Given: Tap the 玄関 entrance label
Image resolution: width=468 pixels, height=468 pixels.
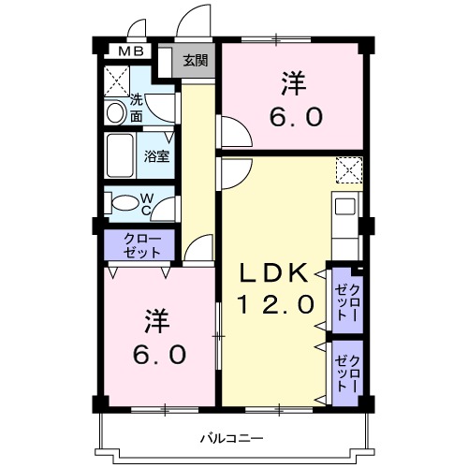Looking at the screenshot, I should point(195,62).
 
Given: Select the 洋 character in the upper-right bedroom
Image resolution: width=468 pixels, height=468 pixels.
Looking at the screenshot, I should point(291,84).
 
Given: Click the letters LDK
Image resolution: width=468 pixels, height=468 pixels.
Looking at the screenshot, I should point(271,274).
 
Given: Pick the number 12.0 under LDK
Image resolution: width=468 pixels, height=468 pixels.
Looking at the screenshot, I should point(271,304).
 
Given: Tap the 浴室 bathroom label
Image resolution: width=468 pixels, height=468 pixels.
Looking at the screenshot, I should point(156,156).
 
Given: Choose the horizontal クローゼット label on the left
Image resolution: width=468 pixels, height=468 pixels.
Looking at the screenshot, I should point(138,246).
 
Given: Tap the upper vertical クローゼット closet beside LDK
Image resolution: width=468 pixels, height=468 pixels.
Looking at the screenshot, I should point(347,297).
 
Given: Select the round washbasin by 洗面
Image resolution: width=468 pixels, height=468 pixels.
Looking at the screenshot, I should point(115,112).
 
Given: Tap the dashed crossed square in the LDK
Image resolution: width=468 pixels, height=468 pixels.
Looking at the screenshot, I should point(349,169).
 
